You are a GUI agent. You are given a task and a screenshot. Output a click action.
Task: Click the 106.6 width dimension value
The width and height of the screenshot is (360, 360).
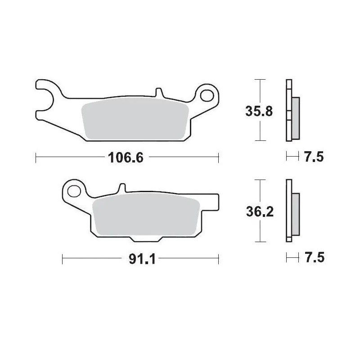[126, 157]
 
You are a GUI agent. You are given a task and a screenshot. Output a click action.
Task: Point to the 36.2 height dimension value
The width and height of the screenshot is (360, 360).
[259, 211]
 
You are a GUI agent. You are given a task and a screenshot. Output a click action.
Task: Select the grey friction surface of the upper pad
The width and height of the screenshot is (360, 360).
[134, 119]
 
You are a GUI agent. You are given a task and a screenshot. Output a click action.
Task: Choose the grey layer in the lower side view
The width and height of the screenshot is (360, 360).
[295, 215]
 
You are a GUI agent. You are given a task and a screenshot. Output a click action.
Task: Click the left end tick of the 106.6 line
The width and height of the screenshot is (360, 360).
[36, 157]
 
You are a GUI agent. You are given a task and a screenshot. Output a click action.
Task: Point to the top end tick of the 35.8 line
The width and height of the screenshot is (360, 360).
[258, 79]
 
